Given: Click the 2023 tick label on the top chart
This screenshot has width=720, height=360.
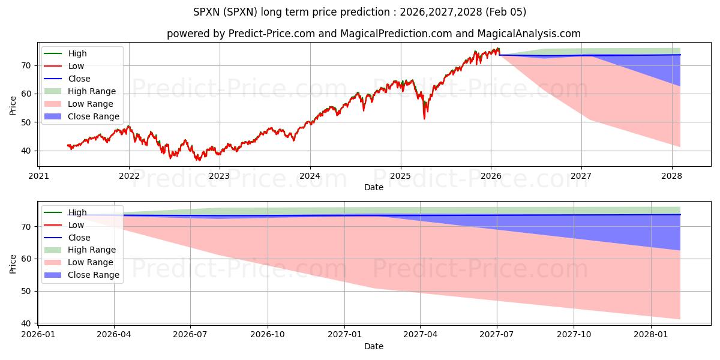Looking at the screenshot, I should point(220,176).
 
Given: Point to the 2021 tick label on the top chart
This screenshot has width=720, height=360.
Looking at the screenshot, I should point(39,176).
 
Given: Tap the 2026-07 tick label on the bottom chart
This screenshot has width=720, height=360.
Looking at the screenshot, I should point(190,334).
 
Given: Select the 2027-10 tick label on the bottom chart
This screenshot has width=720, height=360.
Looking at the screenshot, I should point(574,334).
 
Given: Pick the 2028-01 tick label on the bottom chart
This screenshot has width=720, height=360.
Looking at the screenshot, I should point(650,334).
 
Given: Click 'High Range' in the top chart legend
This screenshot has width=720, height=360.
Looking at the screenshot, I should point(92,91).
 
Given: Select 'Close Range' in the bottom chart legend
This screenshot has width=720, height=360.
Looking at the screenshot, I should point(94,275).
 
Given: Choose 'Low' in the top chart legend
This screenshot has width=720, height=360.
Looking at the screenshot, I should point(76,66).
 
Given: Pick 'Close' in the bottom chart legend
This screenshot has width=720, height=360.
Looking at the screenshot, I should point(79,238).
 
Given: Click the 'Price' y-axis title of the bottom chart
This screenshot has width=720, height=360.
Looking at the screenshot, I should point(13,263).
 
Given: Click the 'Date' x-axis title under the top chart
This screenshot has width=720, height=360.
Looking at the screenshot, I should point(374,188).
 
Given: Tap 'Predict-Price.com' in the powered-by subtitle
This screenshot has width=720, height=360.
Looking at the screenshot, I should point(272,34).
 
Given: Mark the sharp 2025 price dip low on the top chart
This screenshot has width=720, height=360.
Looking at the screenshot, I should point(424,118).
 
